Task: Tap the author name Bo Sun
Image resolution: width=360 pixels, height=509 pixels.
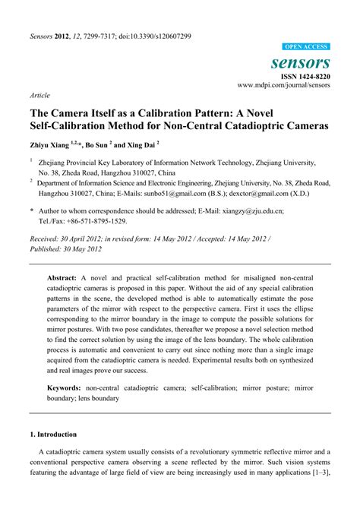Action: coord(103,144)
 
